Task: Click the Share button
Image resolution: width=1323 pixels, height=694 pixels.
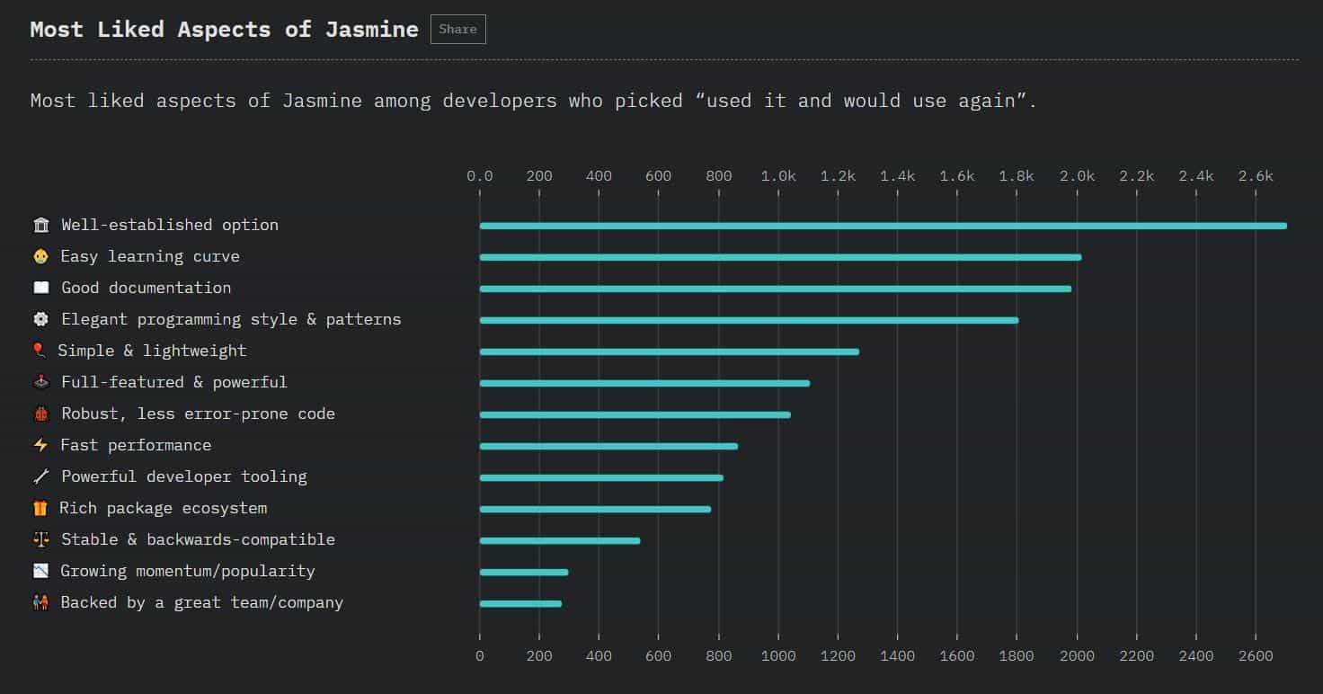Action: tap(457, 30)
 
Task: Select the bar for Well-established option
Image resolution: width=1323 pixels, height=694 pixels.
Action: tap(883, 226)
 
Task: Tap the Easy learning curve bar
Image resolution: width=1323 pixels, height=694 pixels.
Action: tap(780, 257)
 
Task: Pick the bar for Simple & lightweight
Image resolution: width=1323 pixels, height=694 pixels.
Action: tap(669, 351)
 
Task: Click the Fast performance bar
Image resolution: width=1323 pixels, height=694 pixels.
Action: tap(608, 446)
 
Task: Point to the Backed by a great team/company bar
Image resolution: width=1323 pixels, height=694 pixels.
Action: tap(520, 603)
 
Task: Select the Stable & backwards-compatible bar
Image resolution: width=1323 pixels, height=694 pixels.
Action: tap(559, 540)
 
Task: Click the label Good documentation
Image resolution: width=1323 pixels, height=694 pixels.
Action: tap(146, 288)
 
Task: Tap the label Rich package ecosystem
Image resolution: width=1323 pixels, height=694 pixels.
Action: tap(163, 508)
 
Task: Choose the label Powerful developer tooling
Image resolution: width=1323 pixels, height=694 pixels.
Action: tap(183, 476)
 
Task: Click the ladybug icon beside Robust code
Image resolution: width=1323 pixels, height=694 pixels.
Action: tap(40, 414)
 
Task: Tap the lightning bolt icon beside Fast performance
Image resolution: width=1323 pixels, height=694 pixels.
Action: tap(40, 445)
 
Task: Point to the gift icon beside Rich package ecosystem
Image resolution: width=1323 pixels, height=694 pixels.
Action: tap(40, 508)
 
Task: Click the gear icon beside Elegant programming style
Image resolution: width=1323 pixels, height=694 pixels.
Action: tap(40, 319)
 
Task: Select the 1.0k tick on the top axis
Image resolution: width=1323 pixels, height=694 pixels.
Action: tap(778, 176)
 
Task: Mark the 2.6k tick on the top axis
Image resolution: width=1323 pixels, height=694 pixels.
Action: tap(1256, 176)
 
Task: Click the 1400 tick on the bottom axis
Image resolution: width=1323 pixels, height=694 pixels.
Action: tap(897, 656)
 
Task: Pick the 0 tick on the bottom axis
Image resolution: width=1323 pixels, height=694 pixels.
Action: tap(480, 656)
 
